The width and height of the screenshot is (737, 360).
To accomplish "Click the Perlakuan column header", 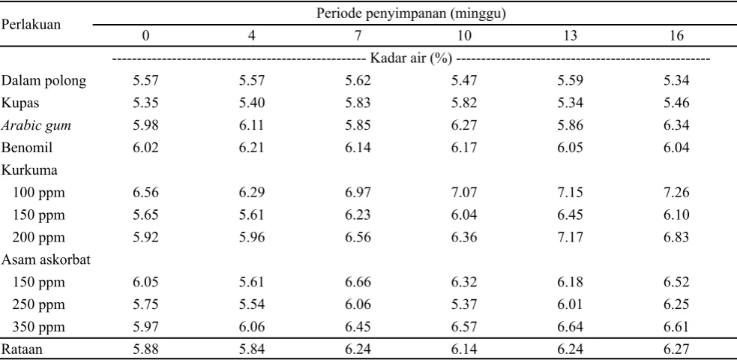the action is (31, 25).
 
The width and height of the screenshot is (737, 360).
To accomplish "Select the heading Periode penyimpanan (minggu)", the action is (411, 13).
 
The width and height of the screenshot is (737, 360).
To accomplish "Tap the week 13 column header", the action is (570, 36).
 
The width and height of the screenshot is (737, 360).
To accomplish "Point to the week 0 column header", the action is (145, 36).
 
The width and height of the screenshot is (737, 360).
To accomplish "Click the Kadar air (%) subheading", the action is (412, 58).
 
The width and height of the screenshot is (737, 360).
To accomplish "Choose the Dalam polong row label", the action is (43, 81).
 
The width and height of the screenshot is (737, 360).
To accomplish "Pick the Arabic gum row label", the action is (36, 126).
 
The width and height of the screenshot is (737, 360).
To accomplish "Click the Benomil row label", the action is (27, 148).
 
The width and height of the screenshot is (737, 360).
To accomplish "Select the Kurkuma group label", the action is (29, 169).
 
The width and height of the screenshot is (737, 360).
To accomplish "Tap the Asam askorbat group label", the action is (46, 260).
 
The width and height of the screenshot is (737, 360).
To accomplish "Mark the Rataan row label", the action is (22, 349).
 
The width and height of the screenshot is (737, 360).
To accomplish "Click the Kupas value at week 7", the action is (358, 103).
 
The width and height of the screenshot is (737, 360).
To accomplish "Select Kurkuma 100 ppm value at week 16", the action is (676, 192).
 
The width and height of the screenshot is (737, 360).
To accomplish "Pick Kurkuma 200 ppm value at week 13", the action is (570, 237).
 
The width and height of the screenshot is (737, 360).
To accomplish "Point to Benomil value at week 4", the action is (252, 148).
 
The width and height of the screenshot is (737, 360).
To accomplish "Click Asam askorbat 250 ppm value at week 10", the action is (464, 304).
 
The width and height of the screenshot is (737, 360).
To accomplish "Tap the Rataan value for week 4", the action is (252, 349).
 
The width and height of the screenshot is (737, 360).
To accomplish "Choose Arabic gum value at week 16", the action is (676, 125).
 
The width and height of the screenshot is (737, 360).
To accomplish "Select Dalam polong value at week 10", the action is (464, 80).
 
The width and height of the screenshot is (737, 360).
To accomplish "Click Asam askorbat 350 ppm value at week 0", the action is (145, 327).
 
